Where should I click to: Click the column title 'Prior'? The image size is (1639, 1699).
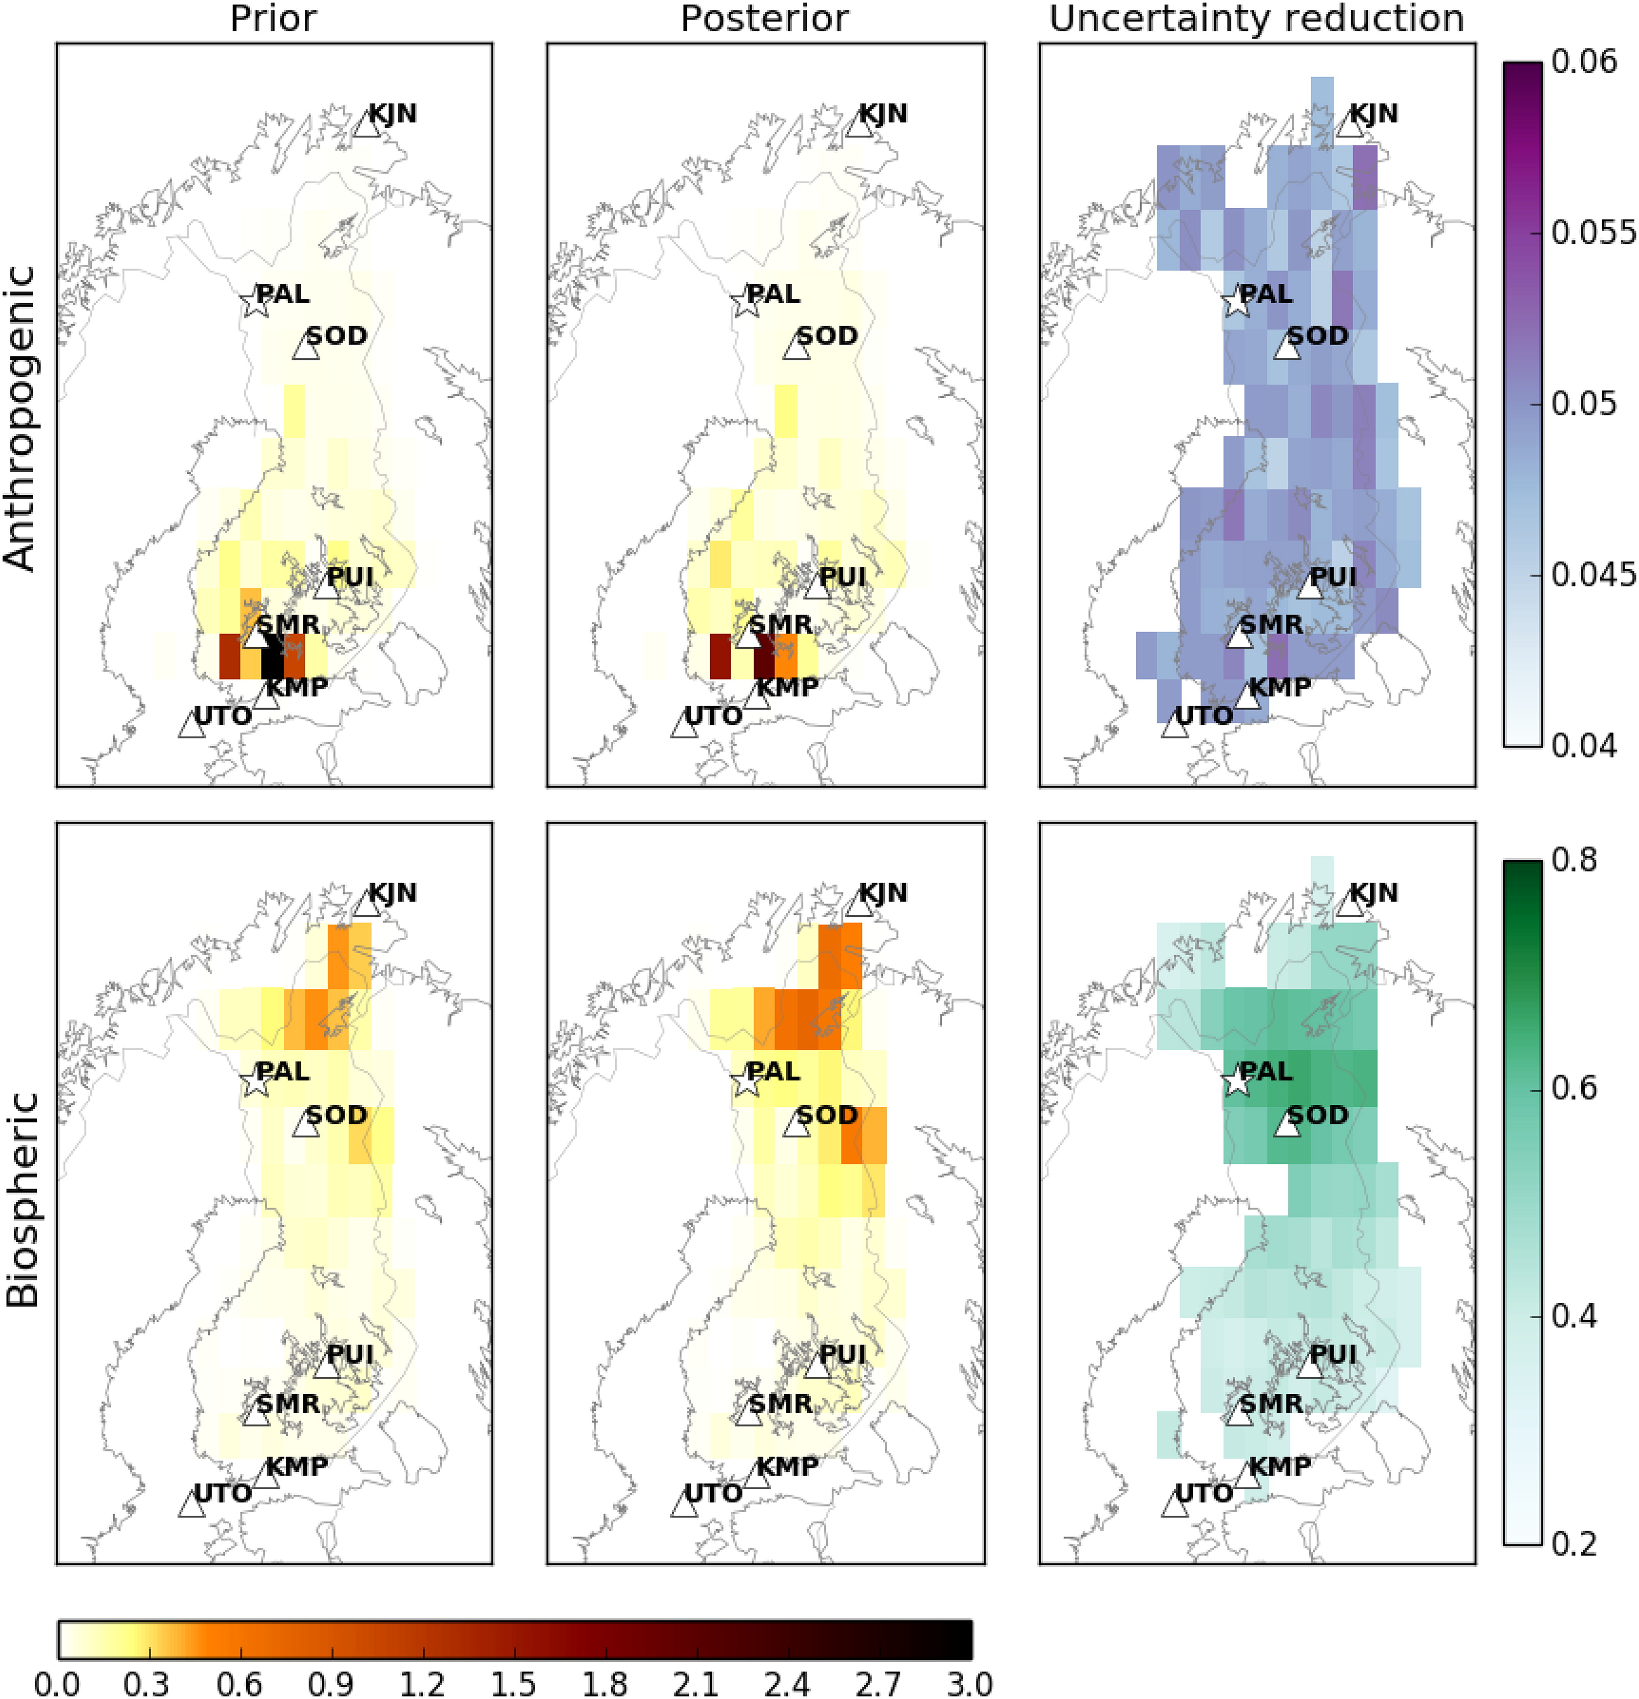pos(273,18)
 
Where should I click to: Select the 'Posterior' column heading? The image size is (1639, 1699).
pos(764,18)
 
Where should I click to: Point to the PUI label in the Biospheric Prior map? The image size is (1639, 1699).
pos(349,1353)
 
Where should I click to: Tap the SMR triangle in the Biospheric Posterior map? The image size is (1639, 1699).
pos(748,1414)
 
